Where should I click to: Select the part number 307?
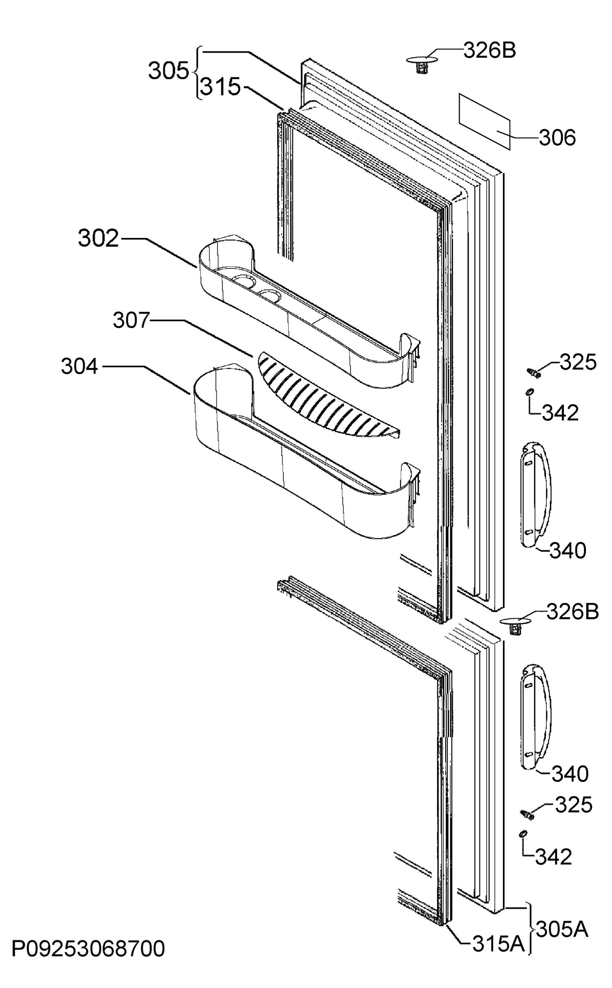click(131, 320)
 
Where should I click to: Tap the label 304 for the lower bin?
click(79, 366)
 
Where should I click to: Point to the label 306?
click(558, 138)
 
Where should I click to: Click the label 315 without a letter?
click(220, 87)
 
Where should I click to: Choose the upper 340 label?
click(568, 550)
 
